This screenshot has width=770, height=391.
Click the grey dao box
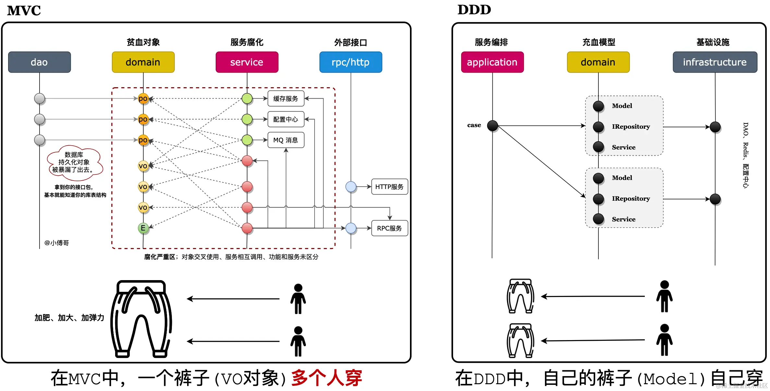(x=39, y=62)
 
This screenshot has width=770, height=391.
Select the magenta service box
(x=247, y=62)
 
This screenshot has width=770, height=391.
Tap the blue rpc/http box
(x=351, y=62)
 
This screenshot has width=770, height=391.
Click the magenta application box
(x=492, y=62)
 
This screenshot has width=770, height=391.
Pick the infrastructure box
(x=715, y=62)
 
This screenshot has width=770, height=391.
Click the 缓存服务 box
(x=286, y=99)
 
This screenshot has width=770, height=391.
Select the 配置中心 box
(x=286, y=119)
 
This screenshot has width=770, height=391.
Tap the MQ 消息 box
(x=286, y=140)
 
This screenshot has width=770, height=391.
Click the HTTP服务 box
(x=389, y=187)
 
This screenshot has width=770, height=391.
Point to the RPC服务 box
(x=389, y=228)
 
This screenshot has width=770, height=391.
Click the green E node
(x=143, y=228)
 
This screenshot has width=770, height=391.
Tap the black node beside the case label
(x=492, y=125)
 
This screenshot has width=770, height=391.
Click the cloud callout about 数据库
(x=74, y=162)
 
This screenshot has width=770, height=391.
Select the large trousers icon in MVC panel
(x=141, y=319)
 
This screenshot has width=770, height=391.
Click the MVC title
(x=24, y=10)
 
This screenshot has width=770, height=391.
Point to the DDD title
(x=474, y=10)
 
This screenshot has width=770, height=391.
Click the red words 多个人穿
(x=326, y=378)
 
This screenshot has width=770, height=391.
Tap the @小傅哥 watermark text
(x=57, y=243)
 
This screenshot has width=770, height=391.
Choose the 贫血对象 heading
(x=143, y=42)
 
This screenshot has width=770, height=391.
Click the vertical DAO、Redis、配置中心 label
(x=746, y=155)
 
